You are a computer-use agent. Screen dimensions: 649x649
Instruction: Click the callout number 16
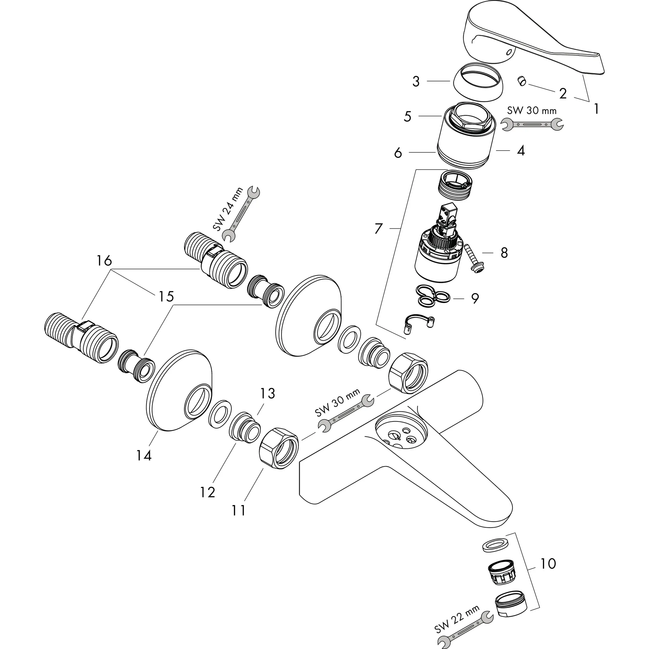(x=104, y=261)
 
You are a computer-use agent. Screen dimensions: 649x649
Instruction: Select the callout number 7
(x=379, y=229)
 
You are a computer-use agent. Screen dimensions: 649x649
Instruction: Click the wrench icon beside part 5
(x=532, y=124)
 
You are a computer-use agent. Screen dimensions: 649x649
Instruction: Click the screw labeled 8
(x=474, y=259)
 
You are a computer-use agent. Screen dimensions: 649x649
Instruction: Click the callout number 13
(x=267, y=393)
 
